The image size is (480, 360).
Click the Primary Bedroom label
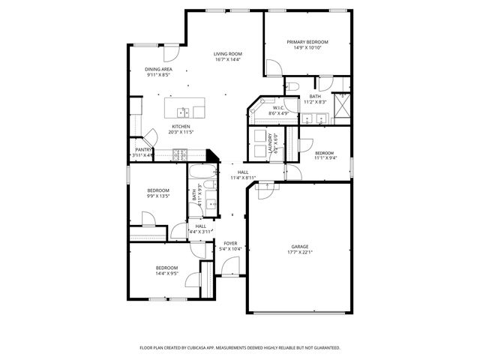point(307,42)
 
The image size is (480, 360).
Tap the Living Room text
point(227,54)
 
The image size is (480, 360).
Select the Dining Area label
point(158,69)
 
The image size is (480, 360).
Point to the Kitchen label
point(181,126)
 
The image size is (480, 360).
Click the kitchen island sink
point(181,112)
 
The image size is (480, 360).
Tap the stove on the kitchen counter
point(180,155)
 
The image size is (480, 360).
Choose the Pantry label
point(143,149)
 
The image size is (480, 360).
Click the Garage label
point(299,246)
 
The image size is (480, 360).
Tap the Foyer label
point(230,243)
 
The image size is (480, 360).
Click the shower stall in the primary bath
point(342,107)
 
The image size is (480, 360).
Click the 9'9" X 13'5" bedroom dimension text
point(157,196)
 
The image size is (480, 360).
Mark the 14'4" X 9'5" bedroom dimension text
point(166,274)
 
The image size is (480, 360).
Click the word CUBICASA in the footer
point(220,348)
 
